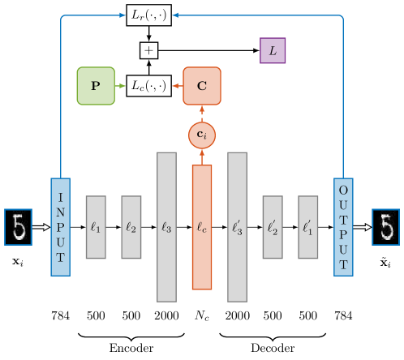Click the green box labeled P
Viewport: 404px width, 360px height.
[96, 86]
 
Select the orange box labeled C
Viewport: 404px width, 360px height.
[202, 86]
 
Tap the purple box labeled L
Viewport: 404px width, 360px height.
[273, 51]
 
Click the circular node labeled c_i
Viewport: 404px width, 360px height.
[202, 135]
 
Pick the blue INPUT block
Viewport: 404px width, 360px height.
[60, 227]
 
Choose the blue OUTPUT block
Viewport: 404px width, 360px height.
[343, 227]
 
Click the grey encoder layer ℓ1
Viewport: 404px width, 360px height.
[96, 227]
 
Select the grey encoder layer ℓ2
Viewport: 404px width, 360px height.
[131, 227]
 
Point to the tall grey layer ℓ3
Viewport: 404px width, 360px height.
[166, 227]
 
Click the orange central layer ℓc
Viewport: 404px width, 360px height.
[202, 227]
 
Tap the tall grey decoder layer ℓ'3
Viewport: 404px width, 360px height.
[237, 227]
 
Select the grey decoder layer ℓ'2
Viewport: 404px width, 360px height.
[273, 227]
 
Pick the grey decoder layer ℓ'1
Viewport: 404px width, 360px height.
[307, 227]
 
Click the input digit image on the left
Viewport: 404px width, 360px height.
[18, 227]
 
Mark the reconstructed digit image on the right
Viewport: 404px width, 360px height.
[386, 227]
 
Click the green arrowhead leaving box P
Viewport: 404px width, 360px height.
[122, 86]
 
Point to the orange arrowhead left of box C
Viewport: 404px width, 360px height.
[175, 86]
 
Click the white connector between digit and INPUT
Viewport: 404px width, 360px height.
[39, 227]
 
